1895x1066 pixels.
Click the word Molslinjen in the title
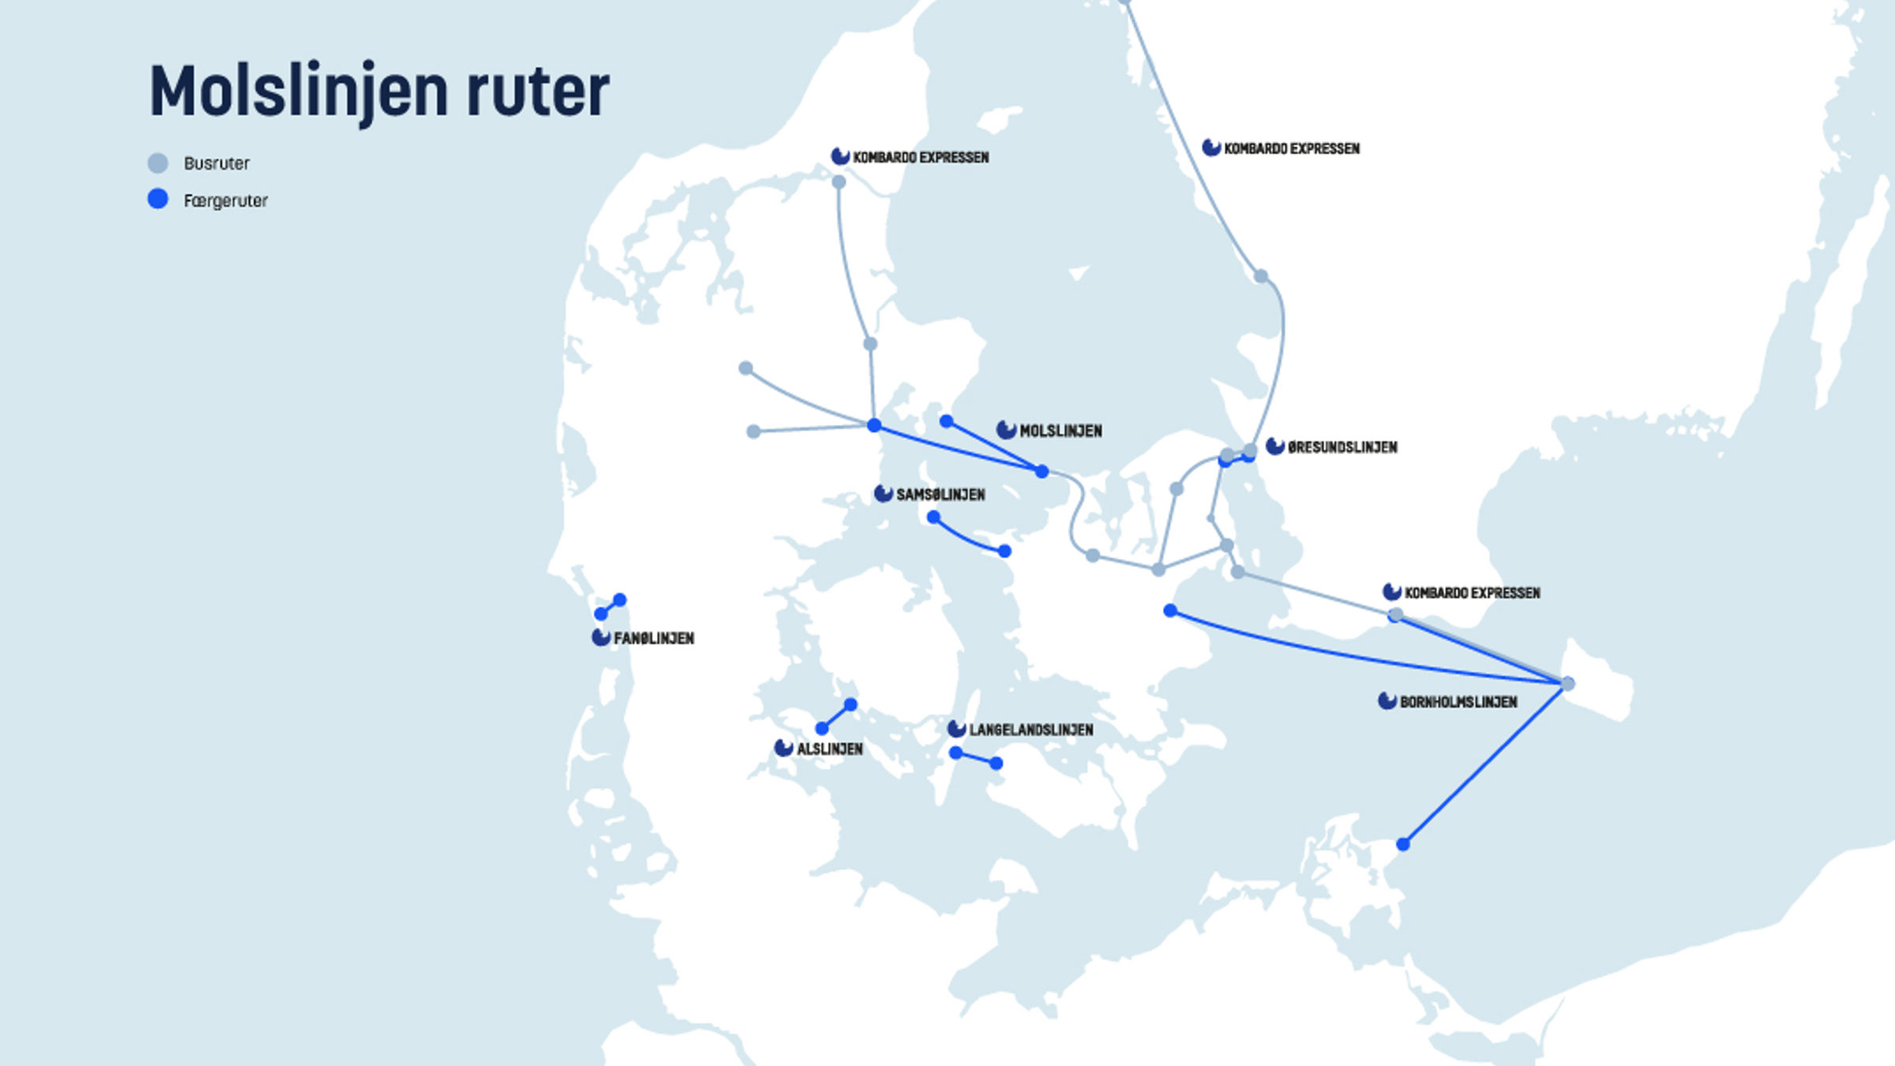pos(298,91)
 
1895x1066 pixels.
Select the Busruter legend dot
pos(158,163)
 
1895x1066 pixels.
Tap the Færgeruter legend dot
pos(158,199)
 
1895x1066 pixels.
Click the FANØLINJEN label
pos(654,638)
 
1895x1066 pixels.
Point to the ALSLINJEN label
pos(829,749)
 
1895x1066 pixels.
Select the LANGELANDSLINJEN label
pos(1030,730)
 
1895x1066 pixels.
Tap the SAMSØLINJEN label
pos(940,495)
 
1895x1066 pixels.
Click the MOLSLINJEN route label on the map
pos(1060,431)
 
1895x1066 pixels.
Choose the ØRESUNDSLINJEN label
pos(1342,448)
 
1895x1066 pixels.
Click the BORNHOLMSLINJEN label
pos(1458,702)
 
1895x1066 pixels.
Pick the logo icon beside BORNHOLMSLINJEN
pos(1387,700)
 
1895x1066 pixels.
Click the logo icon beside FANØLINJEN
pos(601,637)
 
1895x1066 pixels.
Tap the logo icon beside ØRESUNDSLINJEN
pos(1275,446)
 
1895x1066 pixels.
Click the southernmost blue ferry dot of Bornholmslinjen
pos(1403,844)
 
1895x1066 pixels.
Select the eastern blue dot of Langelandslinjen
pos(996,764)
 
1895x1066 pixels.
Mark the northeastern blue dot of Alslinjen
pos(850,704)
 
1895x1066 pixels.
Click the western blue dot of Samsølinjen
pos(934,517)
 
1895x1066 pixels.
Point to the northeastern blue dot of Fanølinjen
pos(620,600)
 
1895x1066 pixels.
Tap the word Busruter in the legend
pos(216,163)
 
